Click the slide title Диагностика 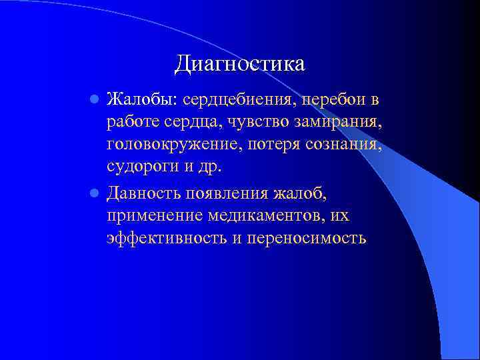coord(239,64)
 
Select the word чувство coord(260,123)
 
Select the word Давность coord(144,193)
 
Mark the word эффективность coord(161,238)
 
